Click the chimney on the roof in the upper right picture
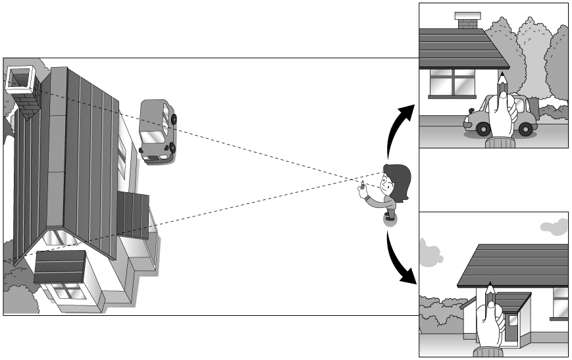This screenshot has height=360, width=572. coord(468,21)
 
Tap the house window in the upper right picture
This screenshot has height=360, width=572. coord(452,82)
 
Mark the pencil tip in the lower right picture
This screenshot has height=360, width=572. coord(489,284)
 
